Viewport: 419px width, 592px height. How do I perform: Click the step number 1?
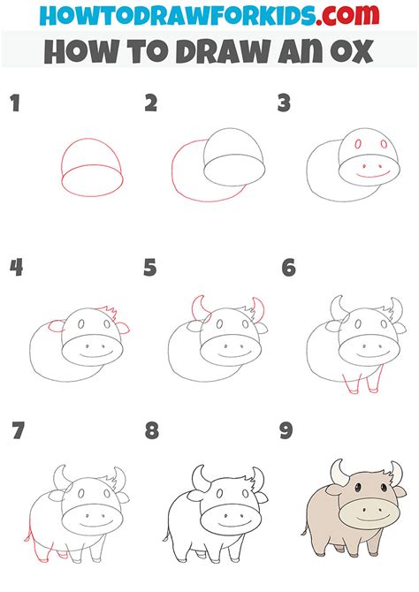point(14,104)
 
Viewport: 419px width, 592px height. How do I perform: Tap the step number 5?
point(150,268)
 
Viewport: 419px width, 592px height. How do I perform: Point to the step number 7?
point(16,432)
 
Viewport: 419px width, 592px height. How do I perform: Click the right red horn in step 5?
point(258,310)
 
